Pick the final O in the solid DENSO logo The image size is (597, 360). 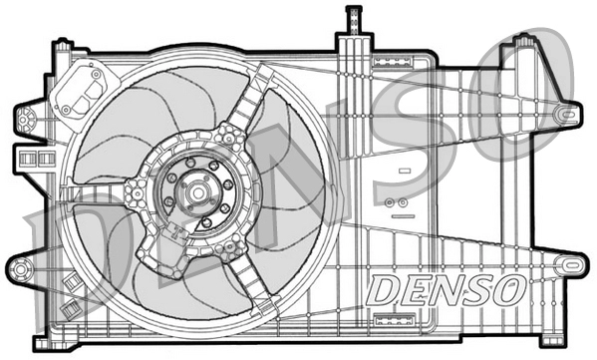click(508, 291)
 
